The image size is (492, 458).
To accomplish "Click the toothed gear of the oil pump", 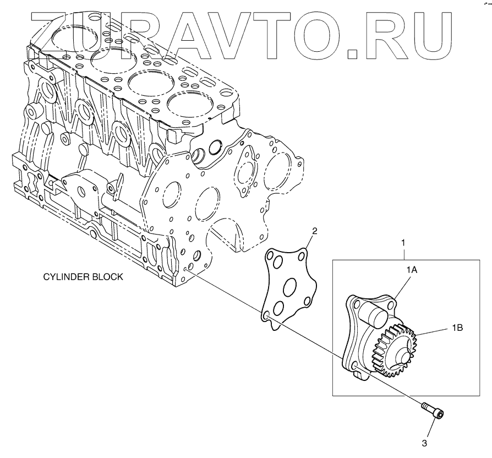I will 395,350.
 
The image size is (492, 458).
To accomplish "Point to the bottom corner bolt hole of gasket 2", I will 266,315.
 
